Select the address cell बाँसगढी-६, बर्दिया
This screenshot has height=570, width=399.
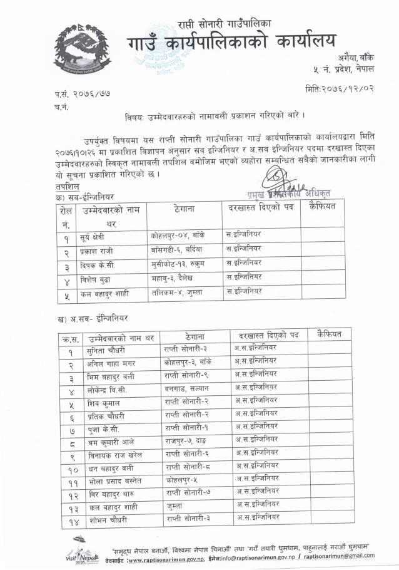pos(178,249)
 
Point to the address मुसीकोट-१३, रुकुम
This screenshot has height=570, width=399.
pos(179,262)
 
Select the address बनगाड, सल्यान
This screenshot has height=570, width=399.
pos(186,388)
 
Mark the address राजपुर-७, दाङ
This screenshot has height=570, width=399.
pos(186,440)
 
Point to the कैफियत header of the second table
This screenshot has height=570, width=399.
pos(329,334)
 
